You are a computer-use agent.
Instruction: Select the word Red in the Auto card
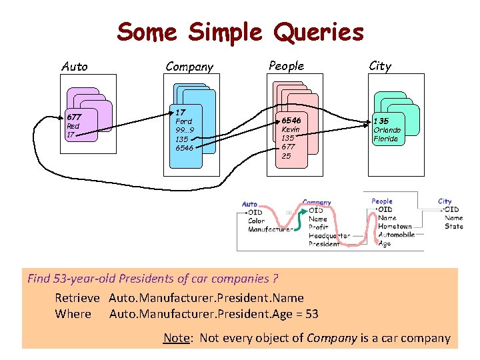point(73,126)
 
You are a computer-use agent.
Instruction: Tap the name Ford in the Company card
point(183,121)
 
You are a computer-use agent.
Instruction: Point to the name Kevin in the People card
point(291,129)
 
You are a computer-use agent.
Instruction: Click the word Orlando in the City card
point(387,130)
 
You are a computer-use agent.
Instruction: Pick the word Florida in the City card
point(385,139)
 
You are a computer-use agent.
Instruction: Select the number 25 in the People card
point(286,156)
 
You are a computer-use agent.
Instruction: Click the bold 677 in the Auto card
point(73,117)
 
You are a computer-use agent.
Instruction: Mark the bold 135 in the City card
point(381,121)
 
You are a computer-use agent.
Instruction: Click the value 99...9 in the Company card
point(184,130)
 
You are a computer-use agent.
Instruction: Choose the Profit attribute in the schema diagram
point(318,227)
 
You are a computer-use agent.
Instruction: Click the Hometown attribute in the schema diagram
point(395,226)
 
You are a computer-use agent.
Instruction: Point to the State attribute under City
point(453,226)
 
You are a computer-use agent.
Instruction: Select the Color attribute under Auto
point(256,221)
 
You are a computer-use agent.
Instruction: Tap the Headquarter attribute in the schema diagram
point(329,235)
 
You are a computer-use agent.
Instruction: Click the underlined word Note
point(176,338)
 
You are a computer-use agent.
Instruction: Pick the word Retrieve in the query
point(77,298)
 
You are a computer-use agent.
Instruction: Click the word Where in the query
point(73,313)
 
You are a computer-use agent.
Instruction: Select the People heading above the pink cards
point(286,65)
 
